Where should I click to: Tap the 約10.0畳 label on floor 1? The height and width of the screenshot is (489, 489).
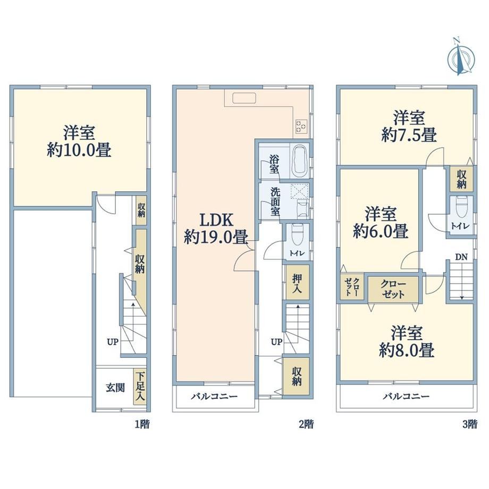[79, 150]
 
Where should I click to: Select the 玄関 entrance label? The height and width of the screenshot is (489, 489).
[115, 387]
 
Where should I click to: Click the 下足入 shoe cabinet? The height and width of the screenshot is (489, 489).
[140, 387]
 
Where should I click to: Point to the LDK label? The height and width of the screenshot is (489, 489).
[216, 220]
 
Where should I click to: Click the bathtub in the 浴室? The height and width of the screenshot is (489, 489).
[300, 161]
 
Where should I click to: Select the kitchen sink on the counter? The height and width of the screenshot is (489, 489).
[244, 98]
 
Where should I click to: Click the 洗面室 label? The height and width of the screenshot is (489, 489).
[275, 201]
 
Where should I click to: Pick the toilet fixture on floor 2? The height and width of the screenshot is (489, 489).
[298, 235]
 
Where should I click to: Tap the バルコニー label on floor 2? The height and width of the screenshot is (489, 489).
[214, 397]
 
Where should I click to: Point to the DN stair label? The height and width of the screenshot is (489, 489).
[461, 257]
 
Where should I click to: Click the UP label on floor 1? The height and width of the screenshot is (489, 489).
[113, 342]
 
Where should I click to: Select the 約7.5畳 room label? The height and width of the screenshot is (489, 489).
[409, 136]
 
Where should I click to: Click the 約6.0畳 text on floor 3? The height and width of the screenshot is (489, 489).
[381, 232]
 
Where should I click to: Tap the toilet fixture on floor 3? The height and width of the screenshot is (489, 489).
[461, 208]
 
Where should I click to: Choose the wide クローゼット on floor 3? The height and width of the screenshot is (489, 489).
[393, 289]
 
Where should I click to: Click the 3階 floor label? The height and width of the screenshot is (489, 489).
[470, 424]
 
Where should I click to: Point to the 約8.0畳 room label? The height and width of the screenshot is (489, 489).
[407, 350]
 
